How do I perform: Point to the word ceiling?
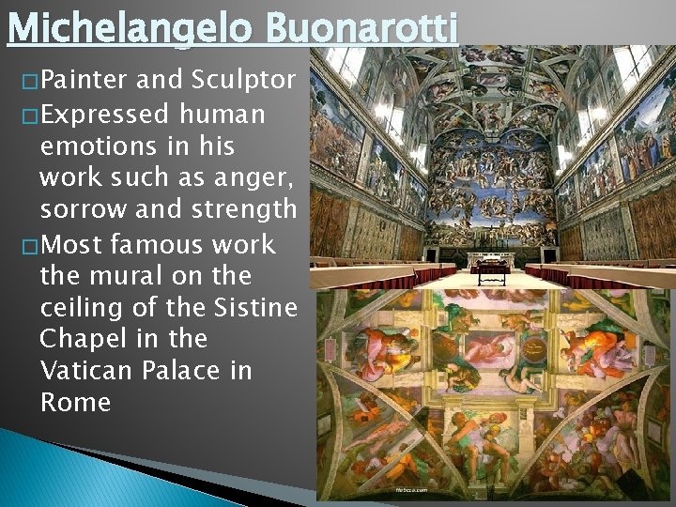(x=83, y=308)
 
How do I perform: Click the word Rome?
(x=75, y=403)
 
